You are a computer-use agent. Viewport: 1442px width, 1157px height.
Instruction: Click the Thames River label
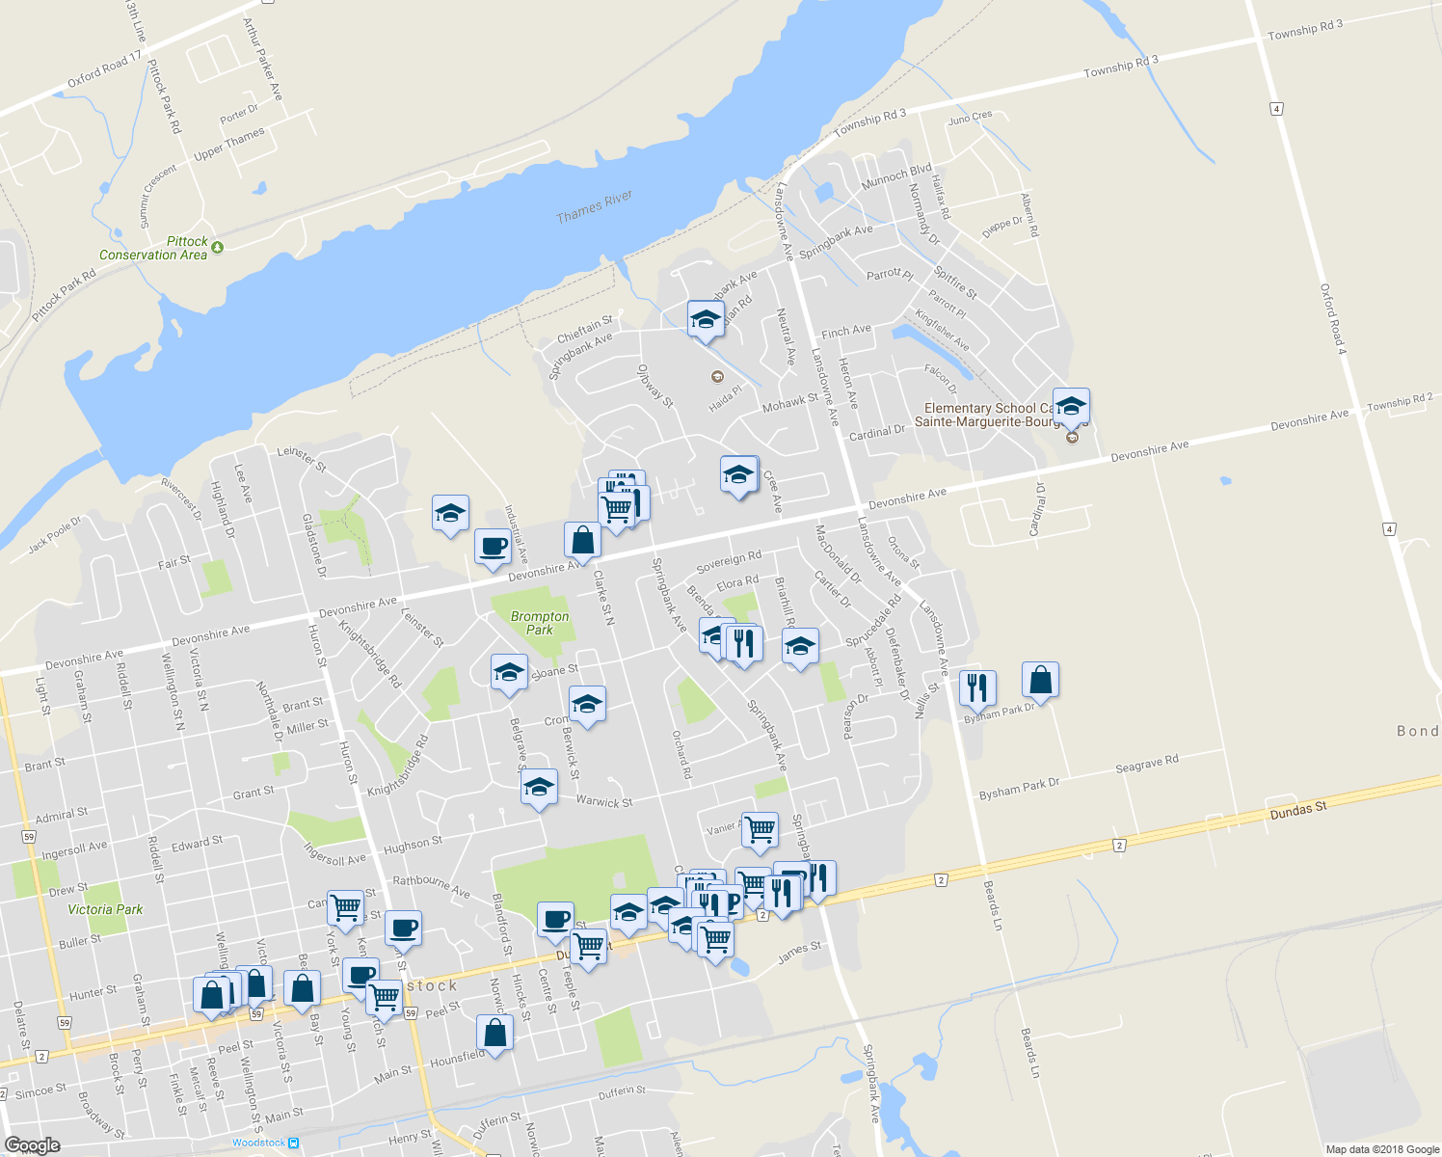[594, 206]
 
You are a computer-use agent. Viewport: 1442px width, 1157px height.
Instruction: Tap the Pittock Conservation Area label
[154, 249]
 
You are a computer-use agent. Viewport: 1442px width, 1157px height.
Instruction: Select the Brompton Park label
[540, 623]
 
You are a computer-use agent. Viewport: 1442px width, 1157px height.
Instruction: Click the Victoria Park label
[105, 909]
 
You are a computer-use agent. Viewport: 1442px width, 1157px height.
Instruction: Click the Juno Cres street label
[970, 118]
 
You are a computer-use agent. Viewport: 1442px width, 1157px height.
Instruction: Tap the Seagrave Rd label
[1146, 765]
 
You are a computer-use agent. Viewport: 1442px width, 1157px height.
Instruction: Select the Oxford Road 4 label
[1332, 318]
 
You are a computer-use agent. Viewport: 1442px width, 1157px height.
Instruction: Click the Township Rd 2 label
[1400, 402]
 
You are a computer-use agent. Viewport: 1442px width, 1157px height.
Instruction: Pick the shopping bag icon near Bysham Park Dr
[1041, 680]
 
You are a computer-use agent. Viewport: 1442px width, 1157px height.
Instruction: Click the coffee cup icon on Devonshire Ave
[493, 546]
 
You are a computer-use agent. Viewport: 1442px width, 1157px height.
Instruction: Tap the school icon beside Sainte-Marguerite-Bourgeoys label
[1071, 406]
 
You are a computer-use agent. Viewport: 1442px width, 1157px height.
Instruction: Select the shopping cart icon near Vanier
[760, 828]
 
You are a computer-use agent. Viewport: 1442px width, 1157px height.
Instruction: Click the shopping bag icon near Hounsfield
[494, 1033]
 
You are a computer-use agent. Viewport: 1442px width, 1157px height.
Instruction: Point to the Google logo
[32, 1145]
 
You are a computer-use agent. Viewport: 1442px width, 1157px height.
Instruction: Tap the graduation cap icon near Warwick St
[539, 787]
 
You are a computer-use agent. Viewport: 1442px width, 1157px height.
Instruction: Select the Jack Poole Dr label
[55, 535]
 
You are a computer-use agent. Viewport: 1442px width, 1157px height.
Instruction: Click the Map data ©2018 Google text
[1381, 1149]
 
